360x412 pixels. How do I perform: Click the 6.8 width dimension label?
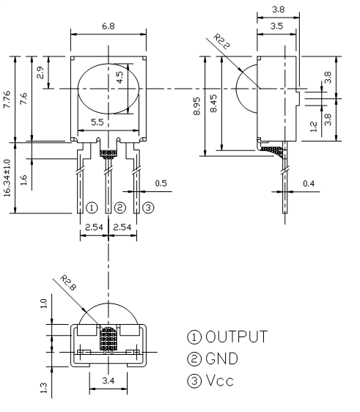(109, 26)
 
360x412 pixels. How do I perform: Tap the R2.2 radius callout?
(221, 42)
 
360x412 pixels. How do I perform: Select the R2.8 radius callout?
(68, 283)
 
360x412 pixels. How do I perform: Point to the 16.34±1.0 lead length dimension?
(7, 178)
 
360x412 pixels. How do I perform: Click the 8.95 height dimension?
(196, 106)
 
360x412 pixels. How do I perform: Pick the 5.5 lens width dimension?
(98, 122)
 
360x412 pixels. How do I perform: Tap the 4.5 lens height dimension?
(120, 77)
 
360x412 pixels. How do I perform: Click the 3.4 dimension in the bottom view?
(109, 380)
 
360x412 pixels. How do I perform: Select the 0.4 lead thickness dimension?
(309, 183)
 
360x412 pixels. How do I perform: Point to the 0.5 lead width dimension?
(161, 183)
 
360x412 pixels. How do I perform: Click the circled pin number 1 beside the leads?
(92, 208)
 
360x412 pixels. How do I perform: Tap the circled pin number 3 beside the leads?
(148, 208)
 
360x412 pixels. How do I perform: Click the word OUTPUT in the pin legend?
(237, 336)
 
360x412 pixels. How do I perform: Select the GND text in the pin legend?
(221, 358)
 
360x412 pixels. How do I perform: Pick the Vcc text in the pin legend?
(220, 380)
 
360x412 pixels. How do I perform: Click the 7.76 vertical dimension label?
(7, 99)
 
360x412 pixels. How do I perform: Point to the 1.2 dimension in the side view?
(314, 126)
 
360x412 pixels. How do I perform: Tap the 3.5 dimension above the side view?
(276, 26)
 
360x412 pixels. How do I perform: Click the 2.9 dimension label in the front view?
(40, 73)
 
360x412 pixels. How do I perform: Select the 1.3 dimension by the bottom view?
(44, 388)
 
